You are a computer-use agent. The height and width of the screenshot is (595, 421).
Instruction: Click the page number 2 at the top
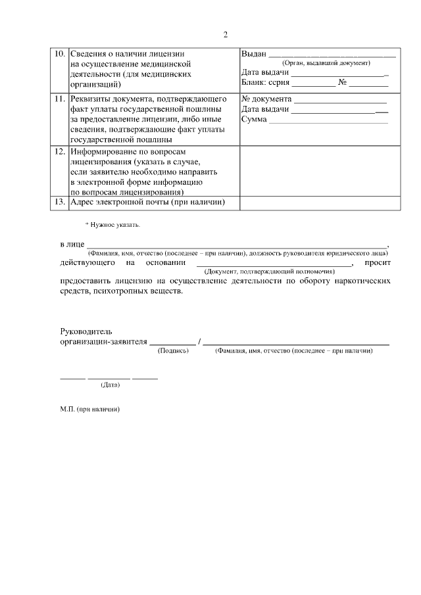click(225, 35)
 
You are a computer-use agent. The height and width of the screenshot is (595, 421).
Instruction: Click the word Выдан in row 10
click(253, 53)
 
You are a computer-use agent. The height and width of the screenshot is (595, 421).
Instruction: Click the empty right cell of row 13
click(318, 202)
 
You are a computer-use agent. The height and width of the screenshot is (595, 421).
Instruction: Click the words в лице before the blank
click(72, 244)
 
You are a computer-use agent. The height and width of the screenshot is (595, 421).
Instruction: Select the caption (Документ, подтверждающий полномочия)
click(270, 271)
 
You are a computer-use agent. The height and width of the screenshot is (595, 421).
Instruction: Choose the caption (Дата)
click(110, 384)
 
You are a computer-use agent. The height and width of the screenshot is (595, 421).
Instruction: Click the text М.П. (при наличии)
click(89, 408)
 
